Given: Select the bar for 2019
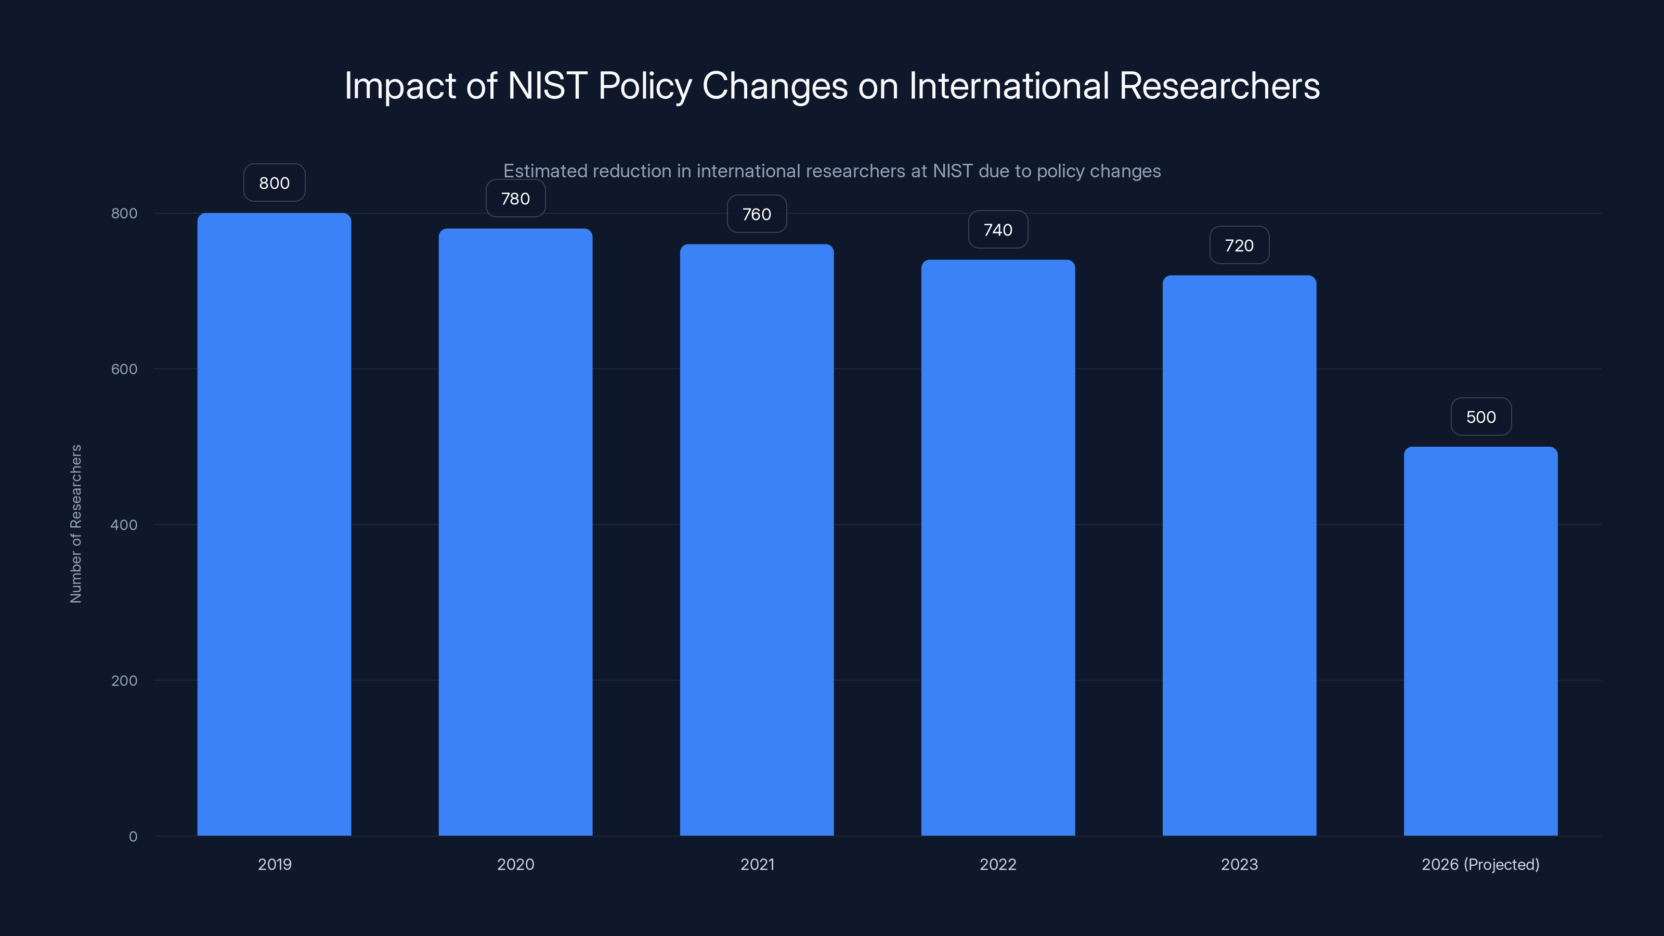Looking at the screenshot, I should (274, 524).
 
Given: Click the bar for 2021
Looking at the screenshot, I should (757, 539).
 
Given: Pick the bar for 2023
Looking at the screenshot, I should (1239, 555).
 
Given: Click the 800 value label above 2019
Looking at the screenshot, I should (274, 183).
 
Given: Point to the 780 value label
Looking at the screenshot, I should (515, 198).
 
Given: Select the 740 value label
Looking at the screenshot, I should (997, 230).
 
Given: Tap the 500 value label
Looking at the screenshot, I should (1480, 417).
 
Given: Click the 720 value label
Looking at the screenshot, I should (1239, 245).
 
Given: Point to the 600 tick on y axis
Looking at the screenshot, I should (124, 369).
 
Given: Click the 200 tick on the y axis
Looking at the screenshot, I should (124, 680).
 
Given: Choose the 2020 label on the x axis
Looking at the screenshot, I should (515, 864).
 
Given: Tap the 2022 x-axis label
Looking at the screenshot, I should (997, 864).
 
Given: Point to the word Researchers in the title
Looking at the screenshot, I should (1219, 85).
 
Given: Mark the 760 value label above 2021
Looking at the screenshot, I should (757, 214).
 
